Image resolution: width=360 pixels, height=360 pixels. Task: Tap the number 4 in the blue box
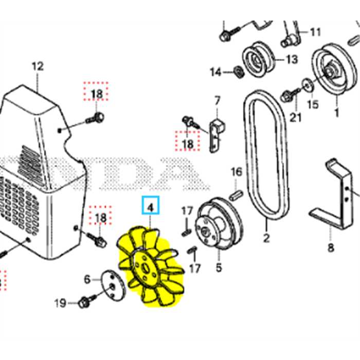pos(151,207)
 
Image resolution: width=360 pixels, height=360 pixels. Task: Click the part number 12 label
pos(38,66)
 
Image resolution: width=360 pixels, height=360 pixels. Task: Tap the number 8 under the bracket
pos(331,248)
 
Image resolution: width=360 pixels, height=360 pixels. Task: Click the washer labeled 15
pos(307,83)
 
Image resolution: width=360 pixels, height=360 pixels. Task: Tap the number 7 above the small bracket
pos(217,100)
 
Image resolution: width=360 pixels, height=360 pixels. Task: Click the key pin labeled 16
pos(236,193)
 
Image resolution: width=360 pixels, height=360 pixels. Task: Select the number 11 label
pos(315,32)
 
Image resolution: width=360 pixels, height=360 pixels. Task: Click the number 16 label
pos(236,171)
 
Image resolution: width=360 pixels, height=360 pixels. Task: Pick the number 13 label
pos(291,60)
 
